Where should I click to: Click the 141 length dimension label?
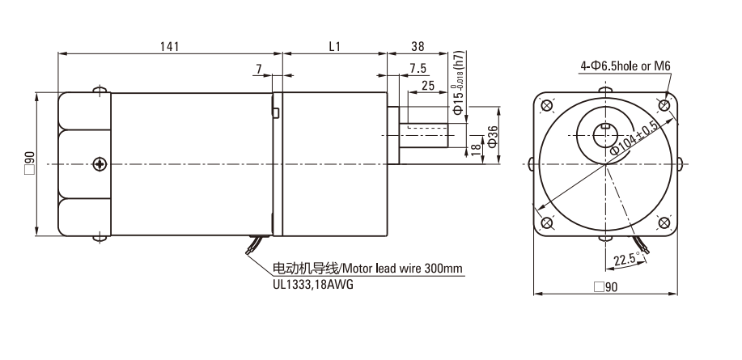[x=169, y=46]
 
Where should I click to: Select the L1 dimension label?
[x=334, y=46]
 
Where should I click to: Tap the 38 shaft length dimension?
[x=418, y=46]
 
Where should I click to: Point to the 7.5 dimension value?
[x=418, y=69]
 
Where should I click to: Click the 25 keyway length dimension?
[x=428, y=86]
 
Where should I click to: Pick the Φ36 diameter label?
[x=493, y=136]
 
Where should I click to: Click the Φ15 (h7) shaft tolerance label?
[x=459, y=82]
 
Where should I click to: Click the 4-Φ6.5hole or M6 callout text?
[x=625, y=66]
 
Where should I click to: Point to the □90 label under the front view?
[x=606, y=286]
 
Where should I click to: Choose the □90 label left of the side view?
[x=30, y=163]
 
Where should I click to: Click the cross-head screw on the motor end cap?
[x=100, y=164]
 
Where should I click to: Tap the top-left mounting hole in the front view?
[x=546, y=105]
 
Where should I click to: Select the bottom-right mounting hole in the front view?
[x=664, y=222]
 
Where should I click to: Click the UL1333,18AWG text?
[x=313, y=285]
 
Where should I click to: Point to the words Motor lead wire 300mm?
[x=402, y=269]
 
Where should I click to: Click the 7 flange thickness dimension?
[x=259, y=69]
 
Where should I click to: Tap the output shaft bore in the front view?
[x=605, y=136]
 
